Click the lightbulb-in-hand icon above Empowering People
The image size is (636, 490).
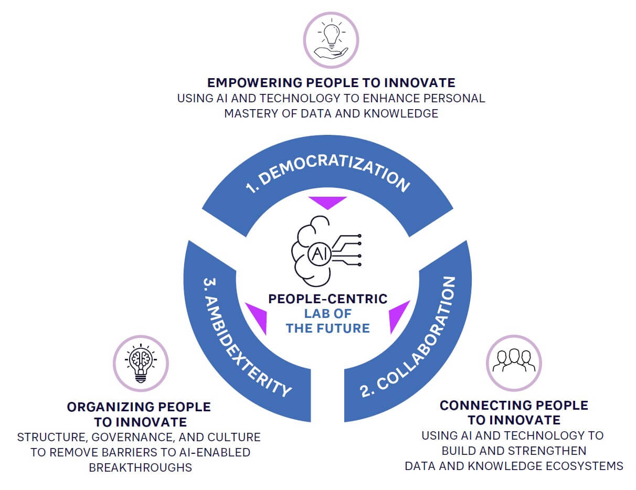(x=331, y=40)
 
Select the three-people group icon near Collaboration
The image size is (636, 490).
(x=514, y=362)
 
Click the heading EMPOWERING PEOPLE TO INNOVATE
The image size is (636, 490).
(x=331, y=82)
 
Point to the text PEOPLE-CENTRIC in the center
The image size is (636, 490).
(x=328, y=299)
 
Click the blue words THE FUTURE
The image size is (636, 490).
(x=328, y=328)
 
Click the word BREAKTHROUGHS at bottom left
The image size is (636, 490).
(x=141, y=467)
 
